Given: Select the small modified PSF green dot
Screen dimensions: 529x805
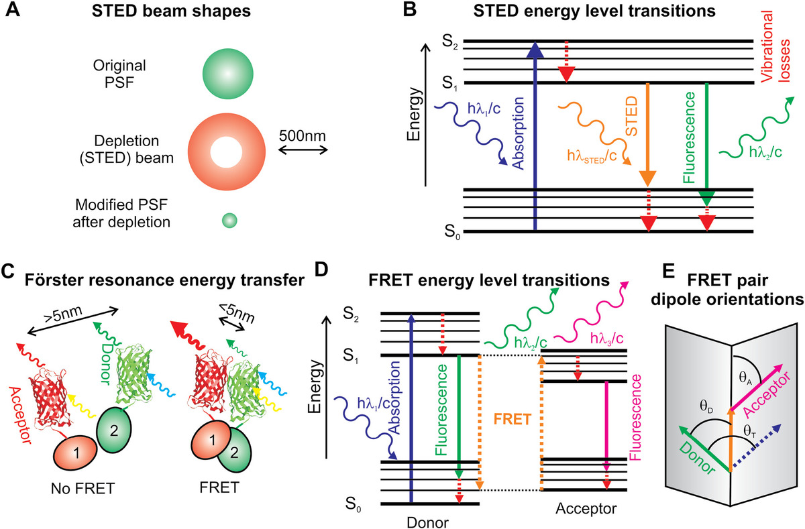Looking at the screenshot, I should [x=229, y=219].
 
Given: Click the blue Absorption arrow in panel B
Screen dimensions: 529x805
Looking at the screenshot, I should [x=535, y=134].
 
